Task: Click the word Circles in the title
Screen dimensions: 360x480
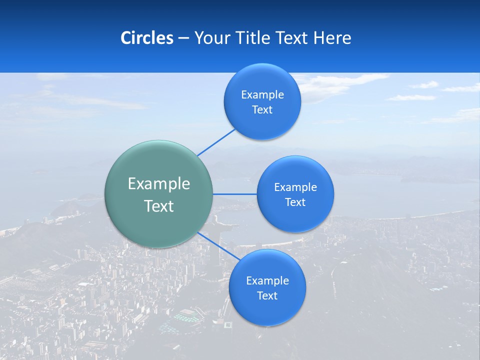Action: click(146, 38)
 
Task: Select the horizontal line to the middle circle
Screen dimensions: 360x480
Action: click(234, 194)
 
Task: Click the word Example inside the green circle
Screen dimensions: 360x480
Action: click(159, 184)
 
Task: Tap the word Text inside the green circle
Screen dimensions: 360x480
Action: click(159, 206)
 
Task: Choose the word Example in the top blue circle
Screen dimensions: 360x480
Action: click(262, 95)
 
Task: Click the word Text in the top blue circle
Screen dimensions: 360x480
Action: click(262, 110)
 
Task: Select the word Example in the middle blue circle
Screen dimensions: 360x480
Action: click(295, 187)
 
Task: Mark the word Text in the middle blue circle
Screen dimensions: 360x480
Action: click(295, 202)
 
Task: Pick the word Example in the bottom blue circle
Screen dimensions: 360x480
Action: click(267, 281)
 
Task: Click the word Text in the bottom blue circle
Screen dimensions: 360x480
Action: click(267, 296)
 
